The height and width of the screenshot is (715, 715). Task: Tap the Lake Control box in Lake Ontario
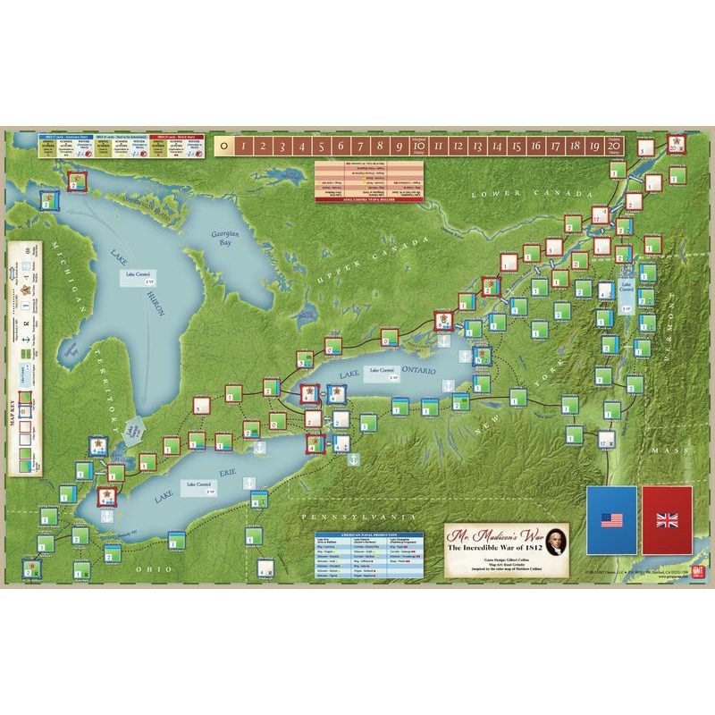point(383,373)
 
